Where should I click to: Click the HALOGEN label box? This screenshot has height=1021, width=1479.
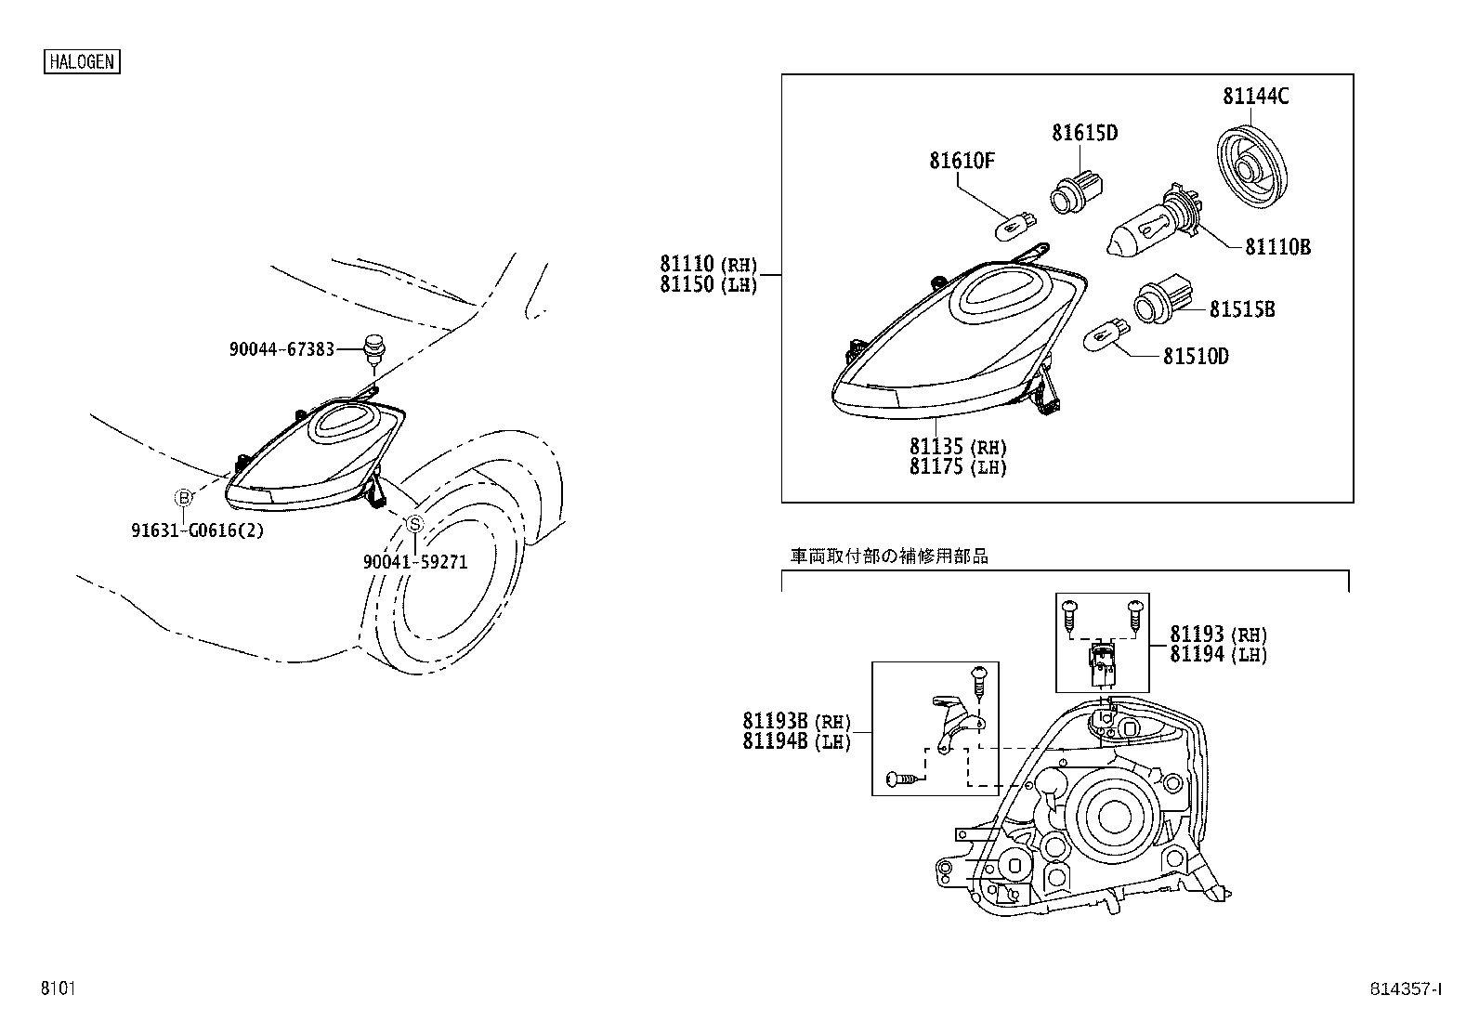[82, 61]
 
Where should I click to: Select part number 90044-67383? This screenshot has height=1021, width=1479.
[282, 349]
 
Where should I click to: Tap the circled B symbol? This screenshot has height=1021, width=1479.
[184, 499]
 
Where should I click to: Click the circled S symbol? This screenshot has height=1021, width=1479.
[415, 525]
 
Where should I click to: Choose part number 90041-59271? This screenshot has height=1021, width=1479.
[415, 562]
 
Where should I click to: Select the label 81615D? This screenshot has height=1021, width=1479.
[1084, 134]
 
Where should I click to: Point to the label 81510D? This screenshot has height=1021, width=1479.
[1196, 357]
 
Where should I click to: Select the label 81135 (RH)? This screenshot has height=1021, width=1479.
[958, 447]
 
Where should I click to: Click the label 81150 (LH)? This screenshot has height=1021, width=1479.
[709, 285]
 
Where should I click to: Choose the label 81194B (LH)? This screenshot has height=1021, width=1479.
[796, 741]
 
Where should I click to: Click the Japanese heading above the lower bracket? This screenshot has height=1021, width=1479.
[889, 556]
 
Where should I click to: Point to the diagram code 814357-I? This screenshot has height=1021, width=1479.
[1404, 989]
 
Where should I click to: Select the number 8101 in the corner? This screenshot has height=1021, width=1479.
[57, 988]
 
